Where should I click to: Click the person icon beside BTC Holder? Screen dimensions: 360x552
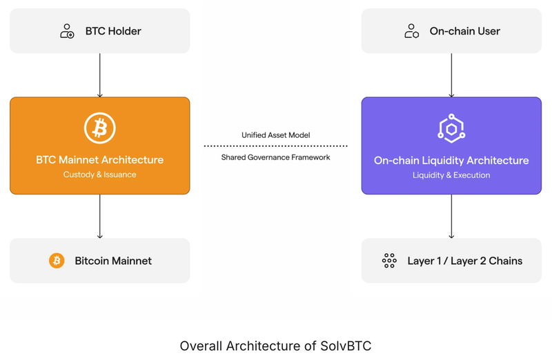point(67,31)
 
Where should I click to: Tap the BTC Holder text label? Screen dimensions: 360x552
point(113,31)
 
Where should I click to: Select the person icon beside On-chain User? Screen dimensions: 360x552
point(412,31)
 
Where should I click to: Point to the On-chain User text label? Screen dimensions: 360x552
point(464,31)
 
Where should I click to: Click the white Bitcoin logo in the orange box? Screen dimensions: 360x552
point(100,128)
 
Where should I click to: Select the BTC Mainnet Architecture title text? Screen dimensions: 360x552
point(100,160)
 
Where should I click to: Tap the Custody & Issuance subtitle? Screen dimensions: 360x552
point(100,174)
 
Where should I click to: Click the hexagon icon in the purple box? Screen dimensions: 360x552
point(451,128)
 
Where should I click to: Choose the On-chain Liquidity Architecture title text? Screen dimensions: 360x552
point(451,161)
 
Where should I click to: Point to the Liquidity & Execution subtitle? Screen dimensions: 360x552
point(451,175)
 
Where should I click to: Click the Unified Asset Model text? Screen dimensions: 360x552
point(275,135)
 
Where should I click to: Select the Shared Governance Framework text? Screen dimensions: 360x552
point(275,157)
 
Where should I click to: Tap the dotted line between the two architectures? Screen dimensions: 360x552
point(275,146)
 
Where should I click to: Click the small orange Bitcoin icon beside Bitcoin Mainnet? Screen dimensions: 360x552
point(57,261)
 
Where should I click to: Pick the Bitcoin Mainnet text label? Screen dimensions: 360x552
point(113,261)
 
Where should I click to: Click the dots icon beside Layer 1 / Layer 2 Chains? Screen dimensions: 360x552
point(389,261)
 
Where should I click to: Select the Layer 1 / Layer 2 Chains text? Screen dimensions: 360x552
point(464,261)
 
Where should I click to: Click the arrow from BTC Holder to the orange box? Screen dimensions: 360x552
point(100,75)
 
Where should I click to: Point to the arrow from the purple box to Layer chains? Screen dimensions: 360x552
point(451,216)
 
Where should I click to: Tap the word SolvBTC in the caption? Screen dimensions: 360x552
point(346,346)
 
